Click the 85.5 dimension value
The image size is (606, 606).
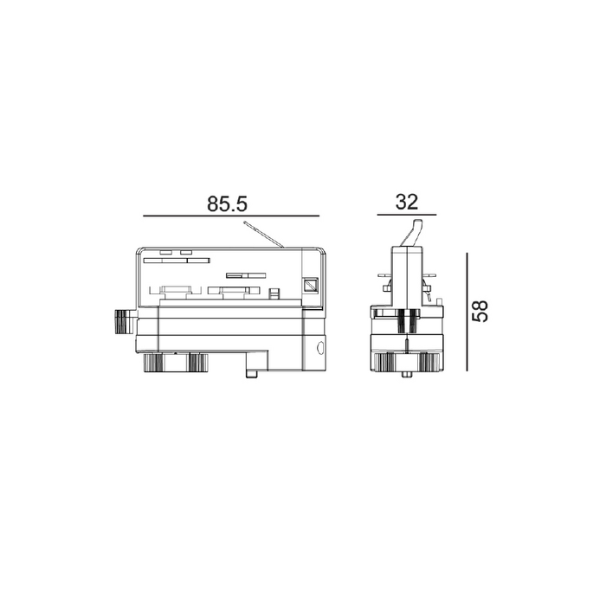[227, 203]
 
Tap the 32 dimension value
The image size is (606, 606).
[407, 202]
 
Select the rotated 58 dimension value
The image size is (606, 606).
[480, 311]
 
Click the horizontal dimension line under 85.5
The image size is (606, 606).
[231, 216]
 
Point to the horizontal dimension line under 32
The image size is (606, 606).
[407, 215]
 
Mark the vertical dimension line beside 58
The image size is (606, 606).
[467, 312]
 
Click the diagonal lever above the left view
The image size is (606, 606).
[264, 235]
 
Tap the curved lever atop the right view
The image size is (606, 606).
[412, 233]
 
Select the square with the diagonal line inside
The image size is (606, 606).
[310, 285]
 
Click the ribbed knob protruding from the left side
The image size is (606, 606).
[125, 321]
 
